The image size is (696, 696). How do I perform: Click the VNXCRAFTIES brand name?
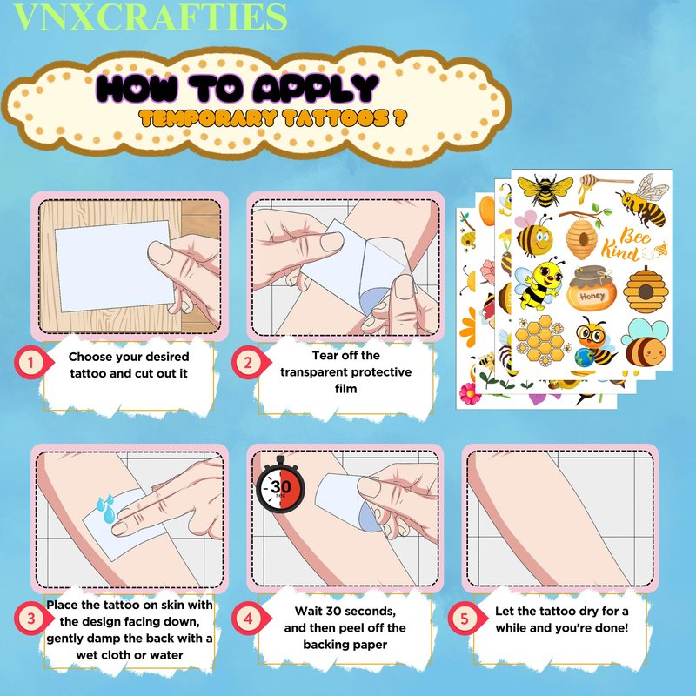pos(151,17)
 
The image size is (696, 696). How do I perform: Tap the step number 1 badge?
pos(31,363)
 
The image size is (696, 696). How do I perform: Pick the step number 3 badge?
pos(31,619)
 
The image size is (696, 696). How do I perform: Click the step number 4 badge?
pos(249,619)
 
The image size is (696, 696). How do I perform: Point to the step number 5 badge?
pos(465,619)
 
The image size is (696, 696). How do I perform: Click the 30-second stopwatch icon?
pos(280,485)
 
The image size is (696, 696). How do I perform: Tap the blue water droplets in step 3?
pos(106,508)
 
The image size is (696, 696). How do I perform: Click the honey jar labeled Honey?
pos(592,289)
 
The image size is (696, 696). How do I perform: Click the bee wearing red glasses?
pos(593,340)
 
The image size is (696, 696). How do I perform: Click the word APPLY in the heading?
pos(316,88)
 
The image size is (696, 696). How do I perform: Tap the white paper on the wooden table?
pos(115,265)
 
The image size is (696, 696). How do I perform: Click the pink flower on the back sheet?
pos(470,394)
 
